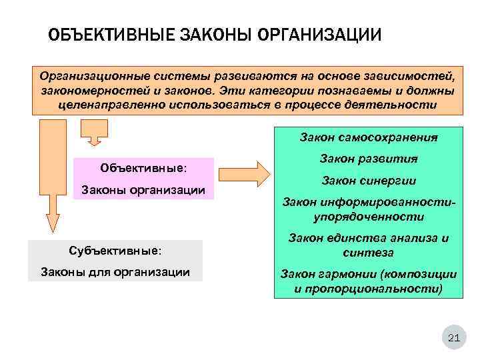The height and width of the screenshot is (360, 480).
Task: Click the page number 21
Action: pyautogui.click(x=453, y=339)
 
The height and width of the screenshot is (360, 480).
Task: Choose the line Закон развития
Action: pyautogui.click(x=369, y=159)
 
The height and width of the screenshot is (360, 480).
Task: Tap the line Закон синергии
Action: pyautogui.click(x=369, y=181)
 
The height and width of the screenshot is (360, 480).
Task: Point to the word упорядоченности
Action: pyautogui.click(x=369, y=217)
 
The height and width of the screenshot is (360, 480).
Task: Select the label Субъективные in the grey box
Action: pyautogui.click(x=115, y=251)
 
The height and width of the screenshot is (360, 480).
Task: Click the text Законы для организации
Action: pyautogui.click(x=115, y=272)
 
